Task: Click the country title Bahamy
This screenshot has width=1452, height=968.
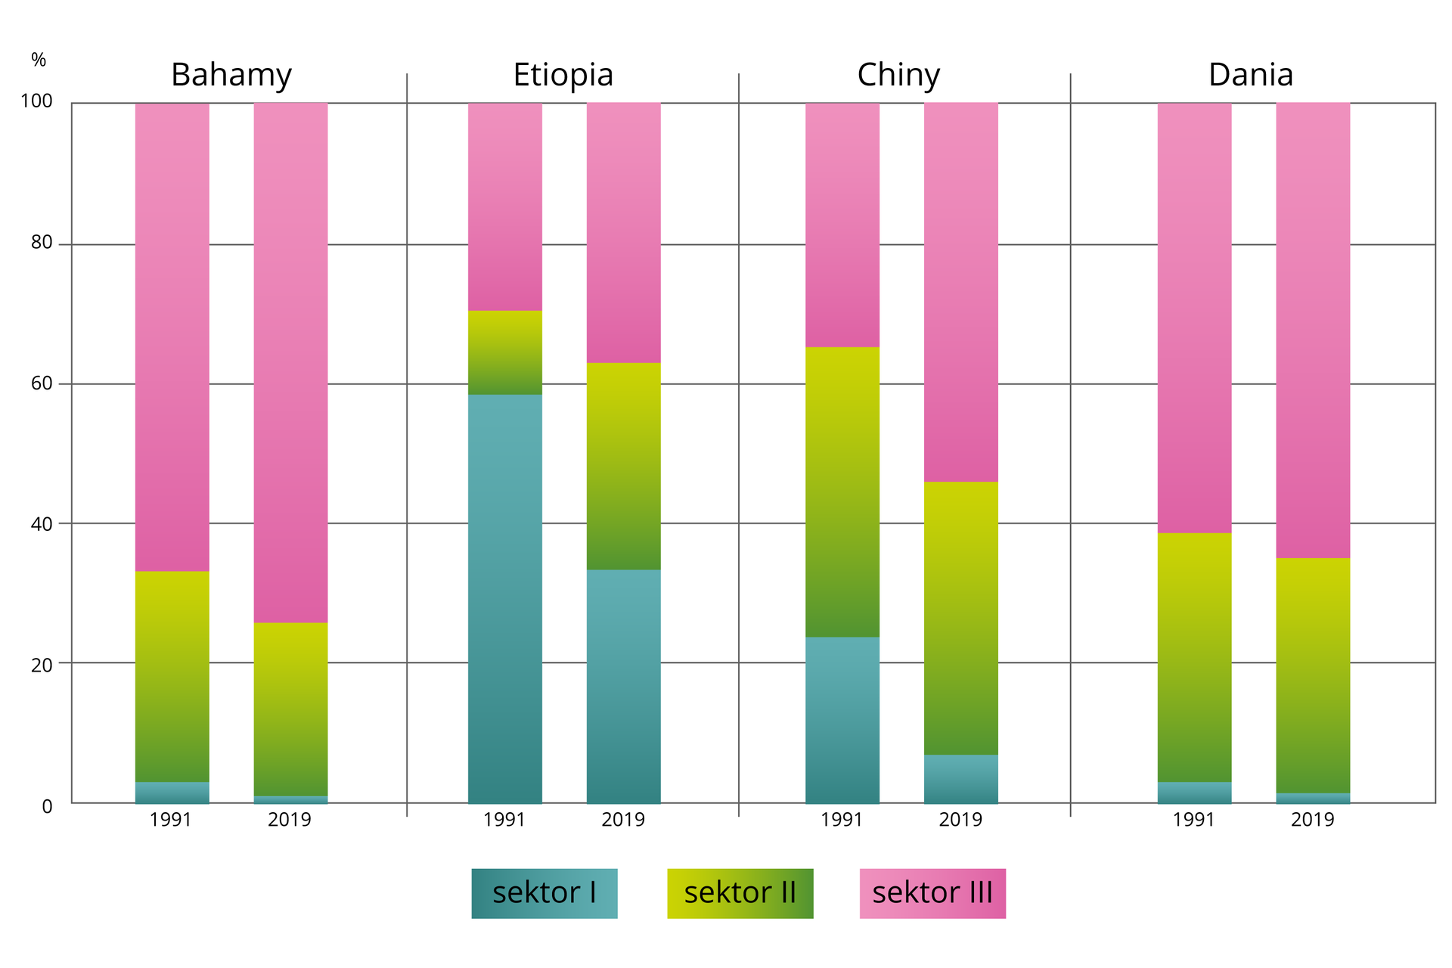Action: pyautogui.click(x=231, y=75)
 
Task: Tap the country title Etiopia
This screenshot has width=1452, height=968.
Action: pyautogui.click(x=563, y=75)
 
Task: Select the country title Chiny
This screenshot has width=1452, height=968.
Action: pyautogui.click(x=898, y=75)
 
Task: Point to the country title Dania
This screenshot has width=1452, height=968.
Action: pyautogui.click(x=1250, y=75)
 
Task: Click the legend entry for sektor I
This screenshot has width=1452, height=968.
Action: pyautogui.click(x=544, y=893)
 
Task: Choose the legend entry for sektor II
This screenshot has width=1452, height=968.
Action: pyautogui.click(x=740, y=893)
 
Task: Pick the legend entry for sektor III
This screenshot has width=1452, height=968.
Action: pyautogui.click(x=932, y=893)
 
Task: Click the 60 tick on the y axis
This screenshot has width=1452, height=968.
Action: pyautogui.click(x=42, y=383)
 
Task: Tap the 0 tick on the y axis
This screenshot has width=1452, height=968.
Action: pyautogui.click(x=47, y=806)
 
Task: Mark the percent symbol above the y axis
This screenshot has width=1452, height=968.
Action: pyautogui.click(x=39, y=60)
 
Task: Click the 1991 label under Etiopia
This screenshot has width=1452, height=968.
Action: pyautogui.click(x=504, y=820)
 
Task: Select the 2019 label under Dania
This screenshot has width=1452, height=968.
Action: pyautogui.click(x=1313, y=820)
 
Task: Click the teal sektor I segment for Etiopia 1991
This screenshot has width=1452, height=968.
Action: pyautogui.click(x=504, y=597)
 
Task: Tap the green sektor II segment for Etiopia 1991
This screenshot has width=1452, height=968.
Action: pyautogui.click(x=504, y=352)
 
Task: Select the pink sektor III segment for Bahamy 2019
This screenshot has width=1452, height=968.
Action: pyautogui.click(x=290, y=363)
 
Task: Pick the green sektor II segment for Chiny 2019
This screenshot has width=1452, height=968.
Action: pyautogui.click(x=960, y=618)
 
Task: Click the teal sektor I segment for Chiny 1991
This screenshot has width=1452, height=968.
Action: pyautogui.click(x=842, y=720)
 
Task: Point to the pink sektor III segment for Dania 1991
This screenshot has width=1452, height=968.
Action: pyautogui.click(x=1194, y=318)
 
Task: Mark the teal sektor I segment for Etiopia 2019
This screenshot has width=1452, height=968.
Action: pyautogui.click(x=623, y=686)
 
